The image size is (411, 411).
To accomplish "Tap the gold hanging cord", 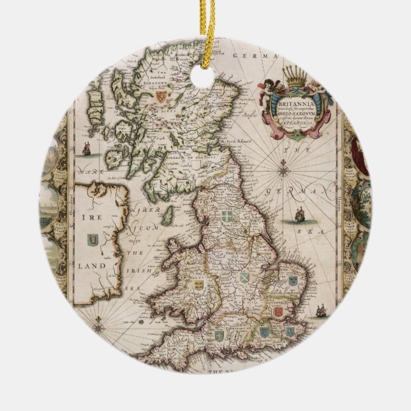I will click(205, 19).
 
